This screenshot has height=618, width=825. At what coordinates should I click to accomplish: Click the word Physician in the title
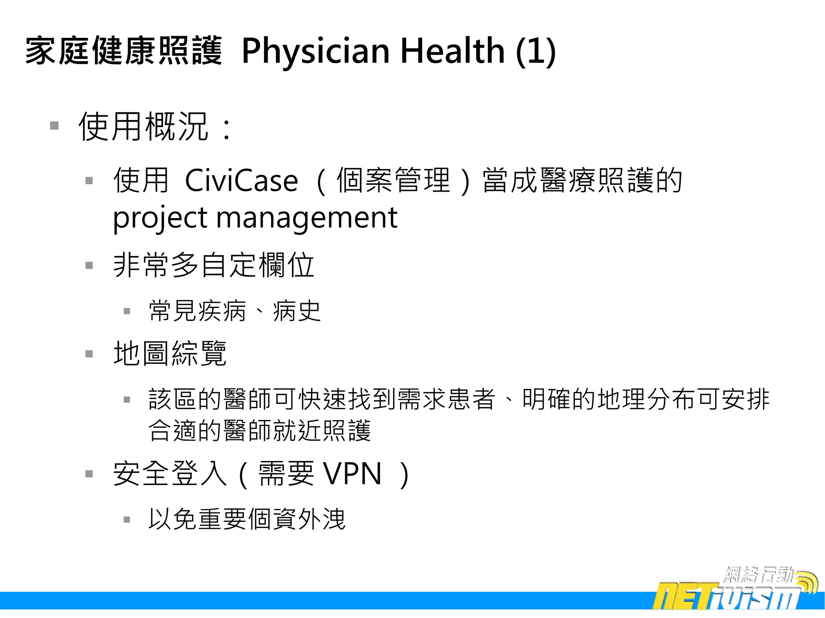click(x=315, y=51)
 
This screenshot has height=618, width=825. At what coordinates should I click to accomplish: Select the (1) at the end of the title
click(x=535, y=51)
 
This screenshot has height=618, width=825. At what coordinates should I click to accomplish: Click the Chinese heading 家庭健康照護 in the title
click(x=124, y=50)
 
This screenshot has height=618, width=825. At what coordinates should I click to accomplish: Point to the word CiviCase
click(x=241, y=181)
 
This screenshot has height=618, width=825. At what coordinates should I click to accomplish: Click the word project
click(x=160, y=218)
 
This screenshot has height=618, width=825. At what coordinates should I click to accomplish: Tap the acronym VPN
click(x=352, y=474)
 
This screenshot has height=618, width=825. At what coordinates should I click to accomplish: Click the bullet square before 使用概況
click(x=54, y=126)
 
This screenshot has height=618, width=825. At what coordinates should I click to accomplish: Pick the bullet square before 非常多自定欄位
click(x=89, y=265)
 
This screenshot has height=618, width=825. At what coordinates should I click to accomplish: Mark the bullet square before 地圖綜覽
click(x=89, y=354)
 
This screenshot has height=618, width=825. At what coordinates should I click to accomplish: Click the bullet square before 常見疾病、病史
click(x=127, y=311)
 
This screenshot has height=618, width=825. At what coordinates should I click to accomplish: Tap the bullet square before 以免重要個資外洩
click(x=127, y=519)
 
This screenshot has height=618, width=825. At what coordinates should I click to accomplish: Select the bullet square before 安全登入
click(x=89, y=474)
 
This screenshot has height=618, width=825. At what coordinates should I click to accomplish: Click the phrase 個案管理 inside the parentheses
click(x=393, y=180)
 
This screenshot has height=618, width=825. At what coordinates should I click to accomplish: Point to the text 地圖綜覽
click(x=170, y=353)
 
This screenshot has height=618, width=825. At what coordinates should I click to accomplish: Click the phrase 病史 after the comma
click(x=297, y=311)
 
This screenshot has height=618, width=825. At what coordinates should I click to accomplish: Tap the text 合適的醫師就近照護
click(x=259, y=431)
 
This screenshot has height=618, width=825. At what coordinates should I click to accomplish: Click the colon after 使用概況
click(x=227, y=129)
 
